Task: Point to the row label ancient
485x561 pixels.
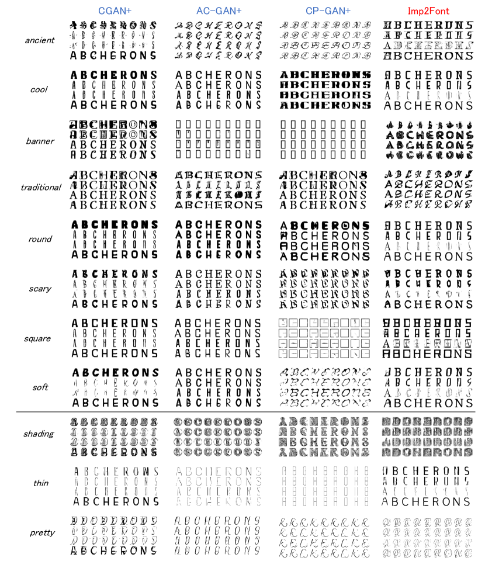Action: pos(40,41)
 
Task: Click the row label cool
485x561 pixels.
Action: pos(39,90)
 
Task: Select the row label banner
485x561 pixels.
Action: pos(40,141)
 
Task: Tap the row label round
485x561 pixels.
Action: pos(40,239)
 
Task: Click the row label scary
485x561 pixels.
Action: pos(40,289)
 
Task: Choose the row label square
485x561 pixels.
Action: pos(40,339)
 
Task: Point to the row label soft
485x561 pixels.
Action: pos(39,387)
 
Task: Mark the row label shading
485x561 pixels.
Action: pos(39,434)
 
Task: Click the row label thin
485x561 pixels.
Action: pos(40,483)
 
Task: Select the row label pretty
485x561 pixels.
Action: pos(41,533)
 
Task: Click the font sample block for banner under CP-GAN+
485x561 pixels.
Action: pos(324,140)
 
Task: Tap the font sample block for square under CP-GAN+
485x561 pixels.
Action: pos(324,338)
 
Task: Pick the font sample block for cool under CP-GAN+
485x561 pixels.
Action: pos(324,90)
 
